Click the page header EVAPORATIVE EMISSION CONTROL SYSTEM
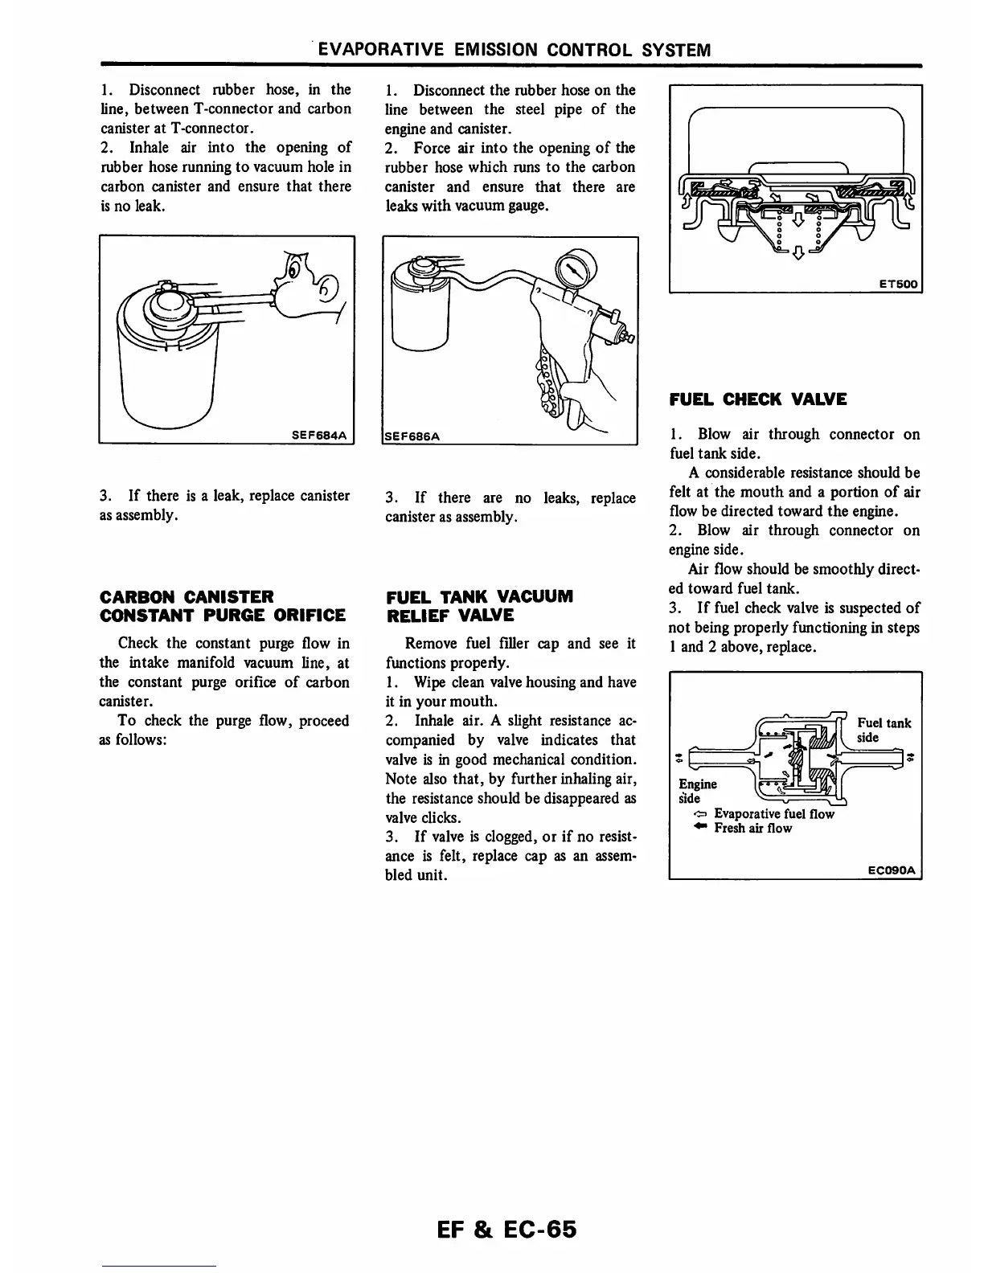pos(515,50)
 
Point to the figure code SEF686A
pos(412,436)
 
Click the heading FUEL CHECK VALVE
pos(757,399)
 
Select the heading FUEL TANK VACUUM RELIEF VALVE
pos(479,606)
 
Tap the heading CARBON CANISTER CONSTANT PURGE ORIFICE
pos(222,606)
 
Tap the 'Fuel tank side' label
pos(884,730)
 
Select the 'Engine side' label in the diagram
pos(697,791)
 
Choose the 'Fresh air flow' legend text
pos(752,828)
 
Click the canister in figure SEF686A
pos(416,309)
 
